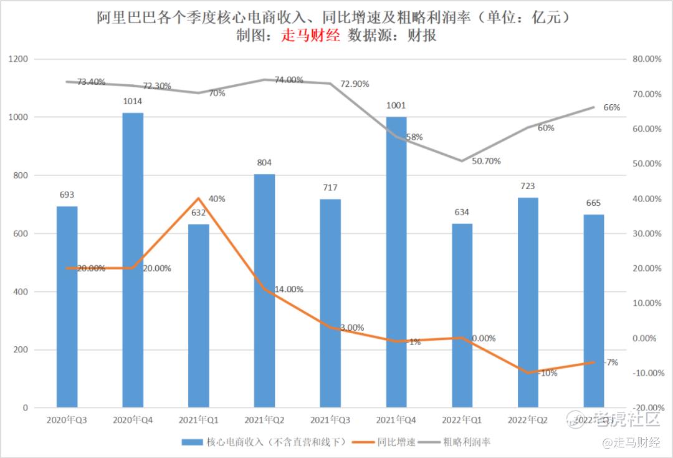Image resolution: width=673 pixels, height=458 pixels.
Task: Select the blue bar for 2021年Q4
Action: pyautogui.click(x=396, y=262)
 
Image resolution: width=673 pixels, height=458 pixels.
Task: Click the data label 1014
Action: pyautogui.click(x=133, y=101)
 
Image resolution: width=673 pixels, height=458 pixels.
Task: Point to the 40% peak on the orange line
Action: pyautogui.click(x=199, y=198)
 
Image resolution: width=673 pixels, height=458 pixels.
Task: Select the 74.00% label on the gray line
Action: pyautogui.click(x=289, y=80)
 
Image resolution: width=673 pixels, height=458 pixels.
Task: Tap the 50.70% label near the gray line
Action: pyautogui.click(x=486, y=161)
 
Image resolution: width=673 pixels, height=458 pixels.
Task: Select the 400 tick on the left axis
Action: pyautogui.click(x=21, y=291)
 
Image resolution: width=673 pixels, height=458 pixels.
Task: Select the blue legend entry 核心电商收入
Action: pyautogui.click(x=268, y=442)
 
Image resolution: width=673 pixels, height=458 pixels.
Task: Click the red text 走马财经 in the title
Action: pyautogui.click(x=311, y=36)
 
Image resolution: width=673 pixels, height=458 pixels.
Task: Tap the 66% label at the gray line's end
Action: pyautogui.click(x=611, y=107)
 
